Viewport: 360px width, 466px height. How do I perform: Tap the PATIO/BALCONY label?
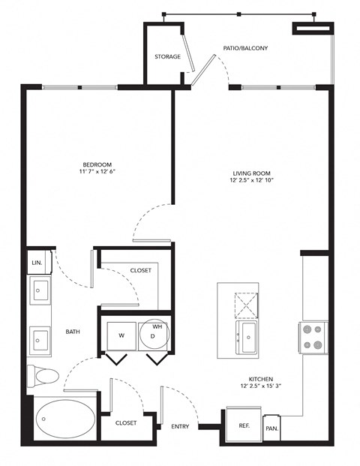[245, 48]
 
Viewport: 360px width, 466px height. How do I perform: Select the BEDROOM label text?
[97, 164]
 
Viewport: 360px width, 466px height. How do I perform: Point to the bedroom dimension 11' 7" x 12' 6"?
[97, 172]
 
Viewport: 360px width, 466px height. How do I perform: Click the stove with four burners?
[313, 338]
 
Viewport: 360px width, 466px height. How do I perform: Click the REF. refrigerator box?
[244, 425]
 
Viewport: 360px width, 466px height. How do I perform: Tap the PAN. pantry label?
[271, 428]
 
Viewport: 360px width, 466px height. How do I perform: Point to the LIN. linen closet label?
[37, 263]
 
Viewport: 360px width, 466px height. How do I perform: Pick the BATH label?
[73, 331]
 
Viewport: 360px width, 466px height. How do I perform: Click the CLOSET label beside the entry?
[126, 423]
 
